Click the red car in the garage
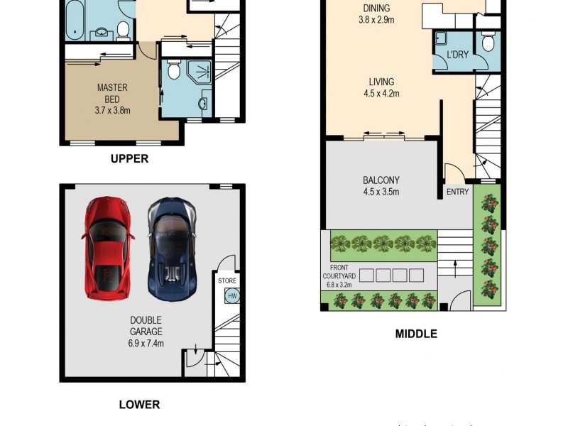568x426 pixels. (x=107, y=248)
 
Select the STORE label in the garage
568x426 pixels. (x=227, y=281)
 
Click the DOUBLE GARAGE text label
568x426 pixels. (x=146, y=326)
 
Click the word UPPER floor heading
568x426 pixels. (x=129, y=159)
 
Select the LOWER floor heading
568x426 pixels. (x=139, y=405)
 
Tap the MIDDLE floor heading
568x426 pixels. (x=416, y=334)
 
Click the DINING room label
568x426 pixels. (x=376, y=9)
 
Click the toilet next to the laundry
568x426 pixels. (x=487, y=43)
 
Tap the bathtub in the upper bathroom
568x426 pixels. (x=74, y=18)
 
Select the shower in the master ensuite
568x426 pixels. (x=200, y=72)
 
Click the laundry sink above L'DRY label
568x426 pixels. (x=442, y=38)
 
